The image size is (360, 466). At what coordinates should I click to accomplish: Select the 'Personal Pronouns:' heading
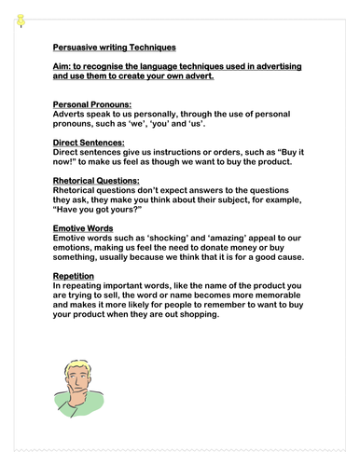[85, 104]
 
